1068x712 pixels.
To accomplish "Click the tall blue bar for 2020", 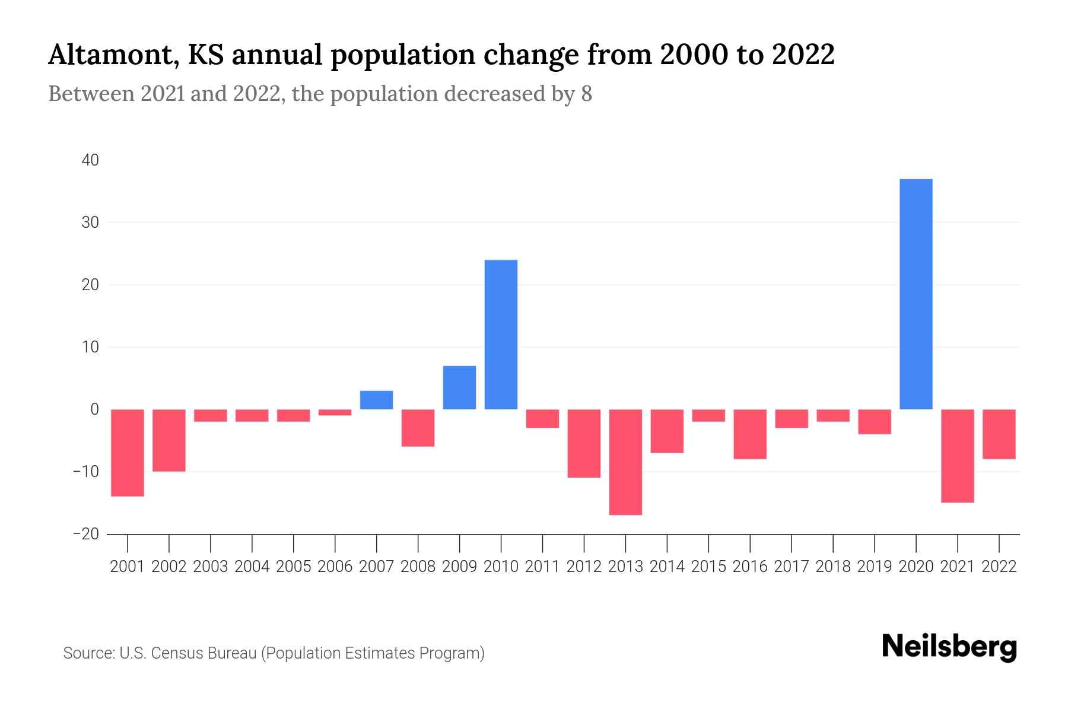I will [x=916, y=294].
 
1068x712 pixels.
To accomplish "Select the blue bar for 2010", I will [x=501, y=335].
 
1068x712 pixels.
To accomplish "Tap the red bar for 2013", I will [x=625, y=462].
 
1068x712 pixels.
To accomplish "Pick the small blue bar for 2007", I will [x=376, y=400].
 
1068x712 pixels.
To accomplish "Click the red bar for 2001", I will [x=128, y=452].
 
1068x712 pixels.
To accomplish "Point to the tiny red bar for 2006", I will [x=335, y=412].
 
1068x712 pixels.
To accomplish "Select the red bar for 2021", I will [x=957, y=456].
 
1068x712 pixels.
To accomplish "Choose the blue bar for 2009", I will [x=459, y=387].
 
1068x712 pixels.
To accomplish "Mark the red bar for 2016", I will [x=750, y=434].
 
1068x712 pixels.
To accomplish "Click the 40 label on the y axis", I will [x=91, y=160].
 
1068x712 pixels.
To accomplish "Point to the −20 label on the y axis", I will [x=86, y=534].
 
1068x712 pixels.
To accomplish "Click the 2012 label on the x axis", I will [x=584, y=567].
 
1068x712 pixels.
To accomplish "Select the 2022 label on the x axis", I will [x=999, y=567].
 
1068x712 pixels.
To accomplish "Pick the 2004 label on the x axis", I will [x=252, y=567].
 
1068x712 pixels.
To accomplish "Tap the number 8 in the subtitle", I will [x=586, y=94].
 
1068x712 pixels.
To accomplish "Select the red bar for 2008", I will [x=418, y=427].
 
